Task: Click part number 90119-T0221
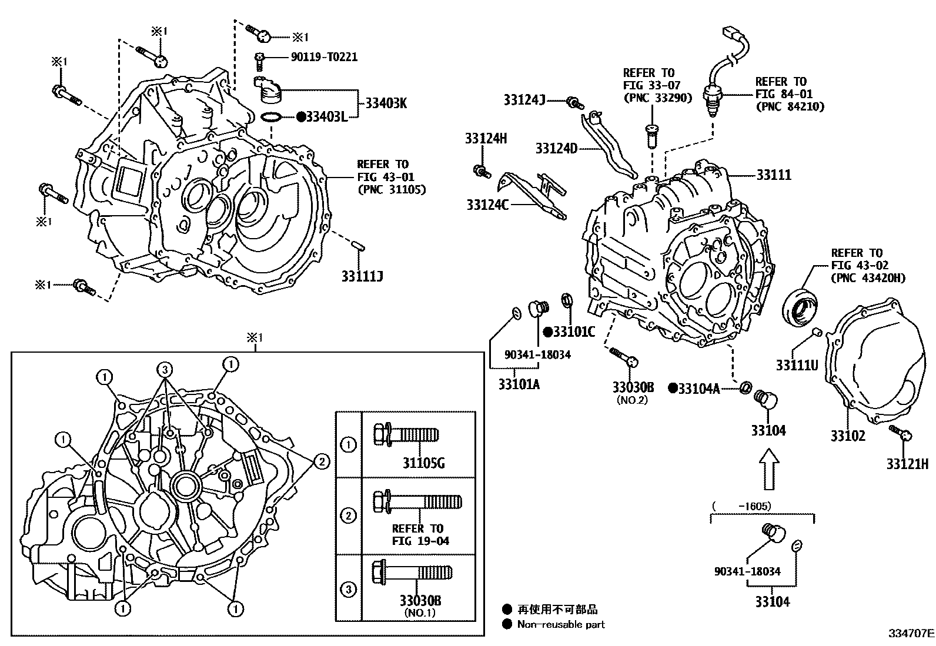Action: (x=324, y=57)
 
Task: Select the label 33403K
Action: (x=386, y=103)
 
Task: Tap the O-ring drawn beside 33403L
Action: (x=270, y=117)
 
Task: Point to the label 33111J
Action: (x=362, y=275)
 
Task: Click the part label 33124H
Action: (x=486, y=139)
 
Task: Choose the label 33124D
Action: (x=556, y=148)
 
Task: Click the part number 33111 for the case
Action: (x=774, y=175)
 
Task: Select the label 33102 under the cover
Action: (x=848, y=436)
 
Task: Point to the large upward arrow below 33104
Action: (x=768, y=469)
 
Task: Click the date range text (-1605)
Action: (x=741, y=506)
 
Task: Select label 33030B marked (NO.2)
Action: (x=633, y=387)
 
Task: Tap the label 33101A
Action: (x=519, y=384)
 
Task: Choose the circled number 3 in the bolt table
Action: (x=349, y=589)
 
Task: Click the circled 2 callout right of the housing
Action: (x=322, y=462)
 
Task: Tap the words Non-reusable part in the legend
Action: (x=561, y=624)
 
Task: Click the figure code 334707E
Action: (x=911, y=634)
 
